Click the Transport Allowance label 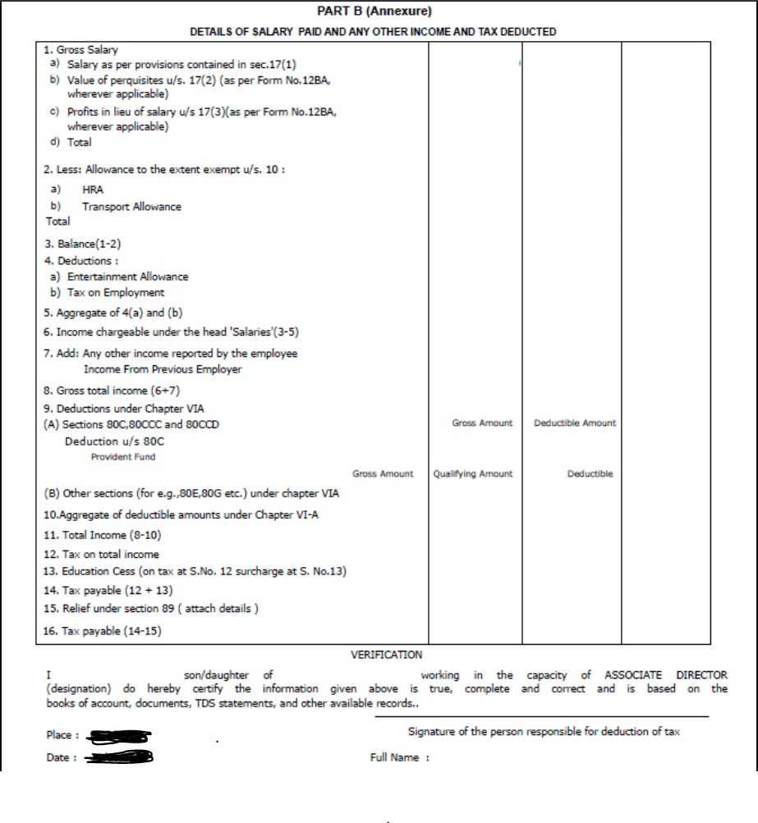(131, 207)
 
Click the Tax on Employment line (107, 292)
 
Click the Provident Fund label (123, 457)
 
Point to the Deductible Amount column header (575, 423)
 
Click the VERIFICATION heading (386, 655)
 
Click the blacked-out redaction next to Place (119, 736)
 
